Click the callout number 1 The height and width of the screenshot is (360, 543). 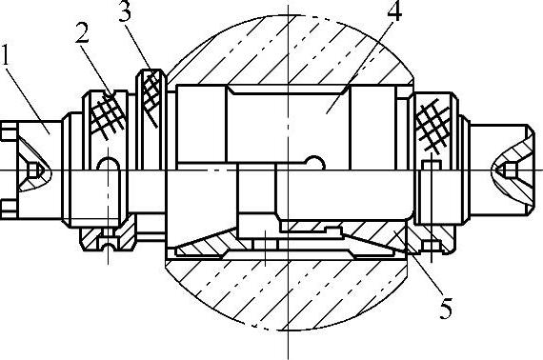(5, 54)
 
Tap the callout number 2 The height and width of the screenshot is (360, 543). (82, 33)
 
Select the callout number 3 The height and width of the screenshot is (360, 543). (125, 11)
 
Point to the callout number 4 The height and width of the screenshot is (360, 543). (394, 10)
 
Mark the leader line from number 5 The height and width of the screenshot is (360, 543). (418, 264)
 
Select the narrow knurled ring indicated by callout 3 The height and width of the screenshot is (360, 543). (151, 99)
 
